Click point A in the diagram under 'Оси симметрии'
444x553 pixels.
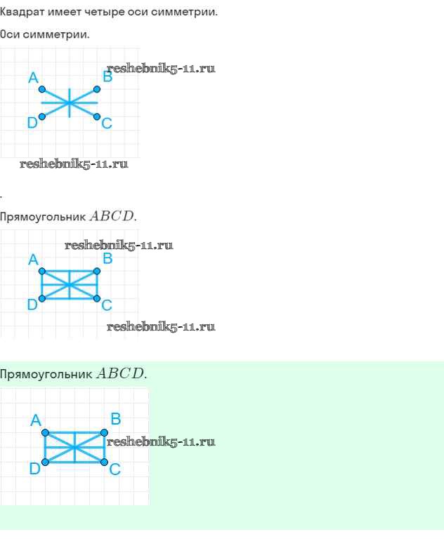pyautogui.click(x=42, y=89)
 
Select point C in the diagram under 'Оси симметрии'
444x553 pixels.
pyautogui.click(x=97, y=116)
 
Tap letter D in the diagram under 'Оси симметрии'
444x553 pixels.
pyautogui.click(x=32, y=124)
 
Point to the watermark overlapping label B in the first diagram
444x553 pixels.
pyautogui.click(x=161, y=69)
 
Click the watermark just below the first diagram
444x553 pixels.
pyautogui.click(x=74, y=164)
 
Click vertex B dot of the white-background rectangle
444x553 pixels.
pyautogui.click(x=97, y=271)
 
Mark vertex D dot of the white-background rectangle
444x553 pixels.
pyautogui.click(x=42, y=298)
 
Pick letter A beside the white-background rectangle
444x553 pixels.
pyautogui.click(x=32, y=260)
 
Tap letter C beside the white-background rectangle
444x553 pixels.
pyautogui.click(x=107, y=305)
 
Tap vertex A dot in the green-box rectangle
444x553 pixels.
pyautogui.click(x=46, y=432)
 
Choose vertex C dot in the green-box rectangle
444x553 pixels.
pyautogui.click(x=104, y=462)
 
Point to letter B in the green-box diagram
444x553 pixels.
pyautogui.click(x=116, y=420)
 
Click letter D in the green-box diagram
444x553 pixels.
pyautogui.click(x=34, y=469)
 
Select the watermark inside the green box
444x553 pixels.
pyautogui.click(x=161, y=442)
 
